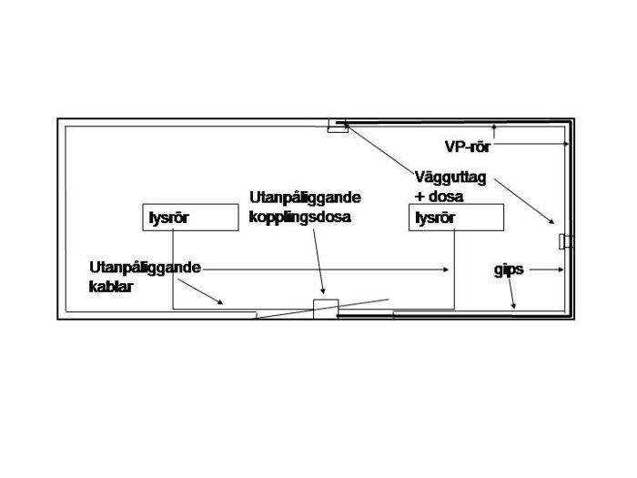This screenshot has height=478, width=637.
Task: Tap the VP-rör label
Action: (x=468, y=147)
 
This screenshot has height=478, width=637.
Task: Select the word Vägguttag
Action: (x=450, y=178)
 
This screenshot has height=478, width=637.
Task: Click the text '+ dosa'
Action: (x=439, y=197)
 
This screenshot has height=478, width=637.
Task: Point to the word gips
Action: (x=509, y=270)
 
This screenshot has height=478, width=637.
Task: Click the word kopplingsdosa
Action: (x=299, y=217)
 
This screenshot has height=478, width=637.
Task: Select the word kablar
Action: (x=111, y=287)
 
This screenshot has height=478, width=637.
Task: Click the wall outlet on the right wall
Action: (x=566, y=241)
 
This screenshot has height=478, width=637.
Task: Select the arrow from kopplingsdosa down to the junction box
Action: (x=318, y=261)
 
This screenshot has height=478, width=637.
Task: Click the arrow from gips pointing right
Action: (x=547, y=270)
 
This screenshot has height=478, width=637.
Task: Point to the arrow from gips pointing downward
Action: (x=511, y=293)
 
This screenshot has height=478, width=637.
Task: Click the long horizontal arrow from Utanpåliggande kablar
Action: (x=326, y=270)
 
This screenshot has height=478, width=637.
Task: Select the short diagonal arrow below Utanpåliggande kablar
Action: (x=201, y=292)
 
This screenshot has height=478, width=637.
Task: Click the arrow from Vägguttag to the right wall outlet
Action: (x=524, y=201)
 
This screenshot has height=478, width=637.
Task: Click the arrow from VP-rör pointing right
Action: (x=531, y=144)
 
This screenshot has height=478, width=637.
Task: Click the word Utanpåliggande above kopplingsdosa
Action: (x=305, y=198)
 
